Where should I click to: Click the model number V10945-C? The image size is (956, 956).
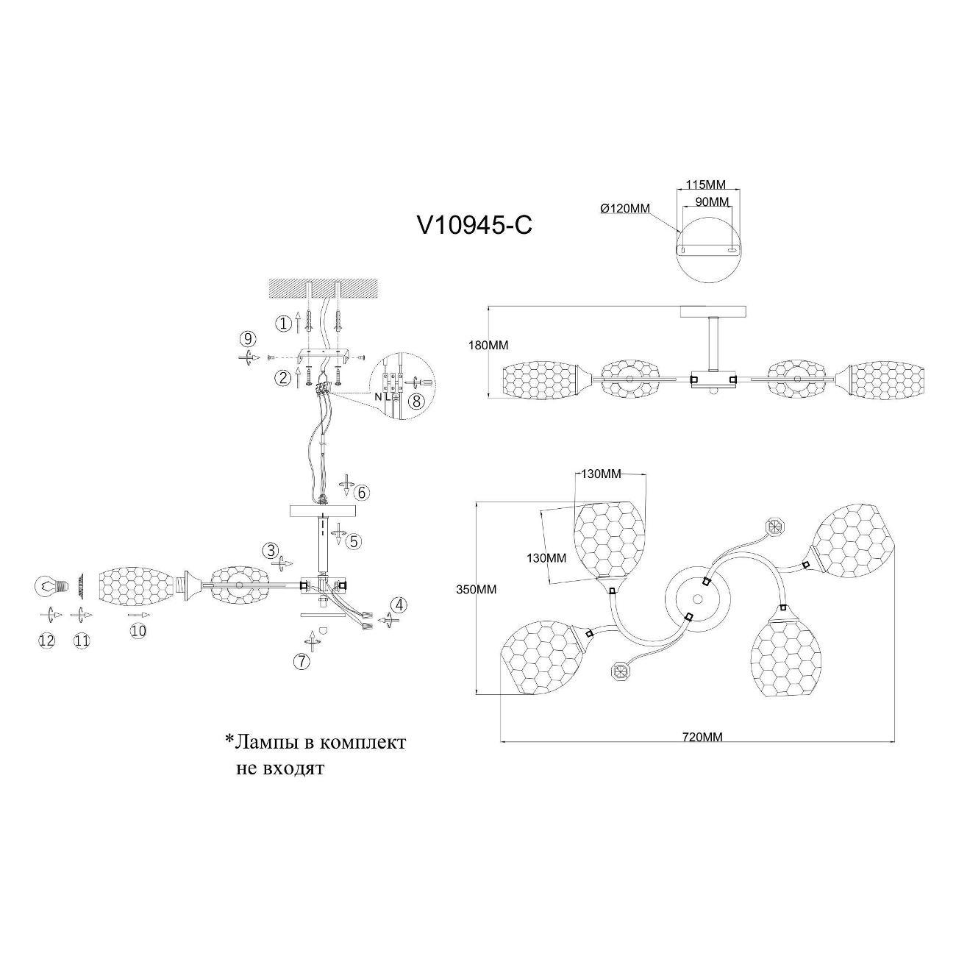pos(474,225)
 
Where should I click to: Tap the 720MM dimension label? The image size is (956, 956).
pos(702,737)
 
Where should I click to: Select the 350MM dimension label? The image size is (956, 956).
pos(476,589)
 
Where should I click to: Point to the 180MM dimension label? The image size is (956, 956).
pos(488,345)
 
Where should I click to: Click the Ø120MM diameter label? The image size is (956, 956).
pos(625,209)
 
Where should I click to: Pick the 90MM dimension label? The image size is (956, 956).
pos(711,201)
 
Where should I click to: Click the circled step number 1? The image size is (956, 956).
pos(282,323)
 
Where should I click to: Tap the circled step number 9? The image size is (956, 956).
pos(248,339)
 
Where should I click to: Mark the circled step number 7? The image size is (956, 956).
pos(302,661)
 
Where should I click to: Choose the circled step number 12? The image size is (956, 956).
pos(46,641)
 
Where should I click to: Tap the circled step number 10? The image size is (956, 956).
pos(138,629)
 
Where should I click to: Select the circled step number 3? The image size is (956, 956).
pos(271,550)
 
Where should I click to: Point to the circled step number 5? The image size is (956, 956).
pos(354,541)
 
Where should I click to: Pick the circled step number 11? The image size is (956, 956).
pos(82,641)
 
